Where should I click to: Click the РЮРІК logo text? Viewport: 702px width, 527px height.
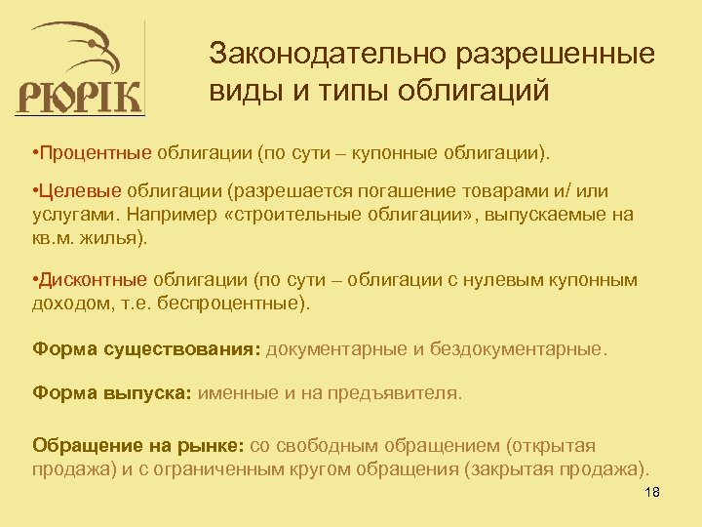(80, 98)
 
